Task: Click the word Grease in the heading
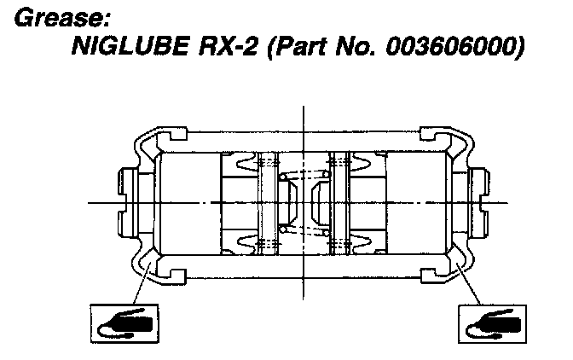coord(59,18)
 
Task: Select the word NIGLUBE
coord(130,46)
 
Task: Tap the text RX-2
coord(228,46)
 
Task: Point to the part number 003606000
coord(451,46)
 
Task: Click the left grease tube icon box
coord(124,323)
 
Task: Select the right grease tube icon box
coord(492,324)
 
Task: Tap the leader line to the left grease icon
coord(142,282)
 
